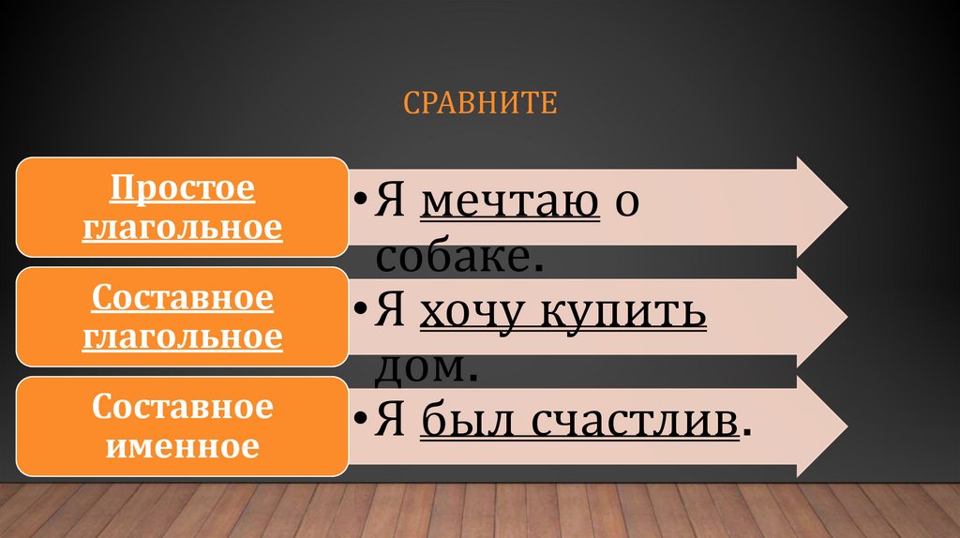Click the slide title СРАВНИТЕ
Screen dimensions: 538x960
[x=480, y=102]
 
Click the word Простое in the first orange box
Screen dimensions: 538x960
[x=183, y=188]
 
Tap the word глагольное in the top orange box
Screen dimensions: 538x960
[x=183, y=227]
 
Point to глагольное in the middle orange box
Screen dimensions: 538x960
[x=183, y=336]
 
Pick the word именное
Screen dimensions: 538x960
[x=183, y=445]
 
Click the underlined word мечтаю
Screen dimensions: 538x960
[x=510, y=202]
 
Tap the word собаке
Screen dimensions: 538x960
[x=459, y=256]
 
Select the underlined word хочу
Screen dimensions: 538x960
[x=466, y=312]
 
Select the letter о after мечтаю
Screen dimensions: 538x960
[x=627, y=204]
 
